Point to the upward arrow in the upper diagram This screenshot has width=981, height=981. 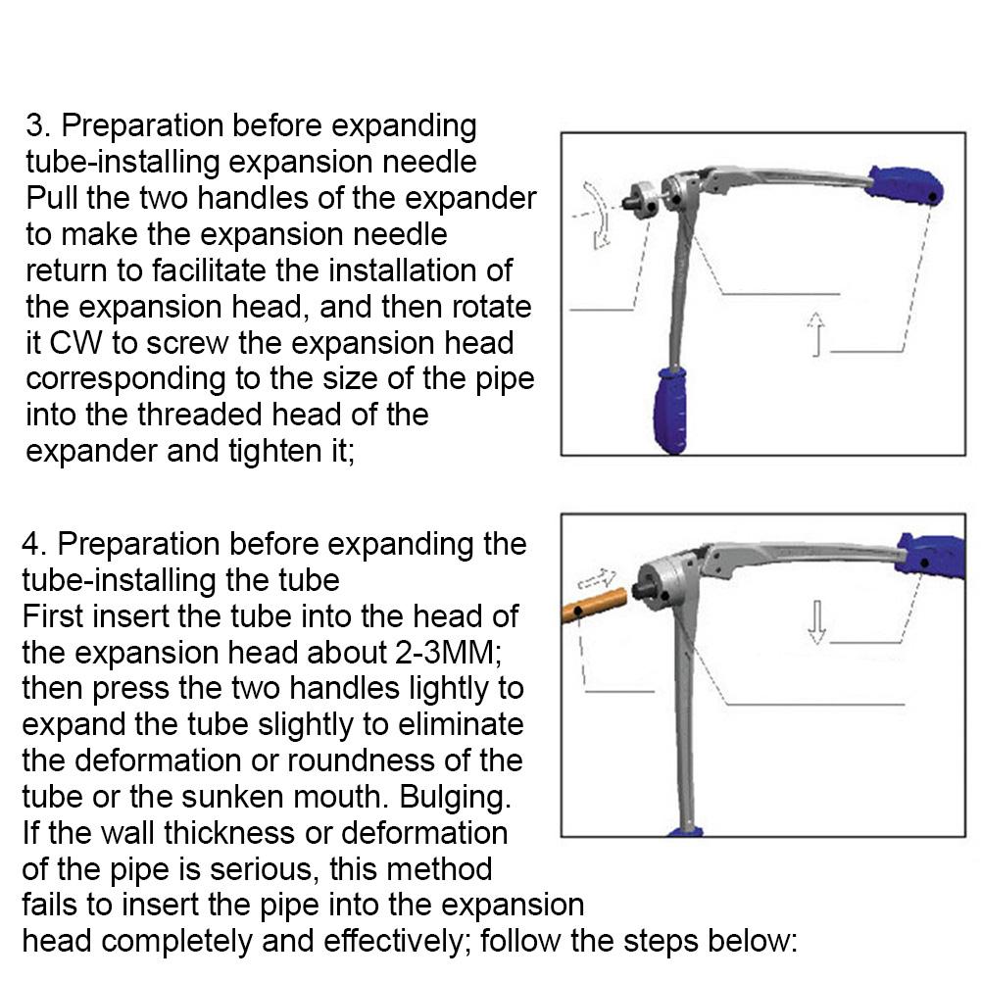click(815, 333)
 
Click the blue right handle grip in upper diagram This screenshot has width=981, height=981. click(907, 185)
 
